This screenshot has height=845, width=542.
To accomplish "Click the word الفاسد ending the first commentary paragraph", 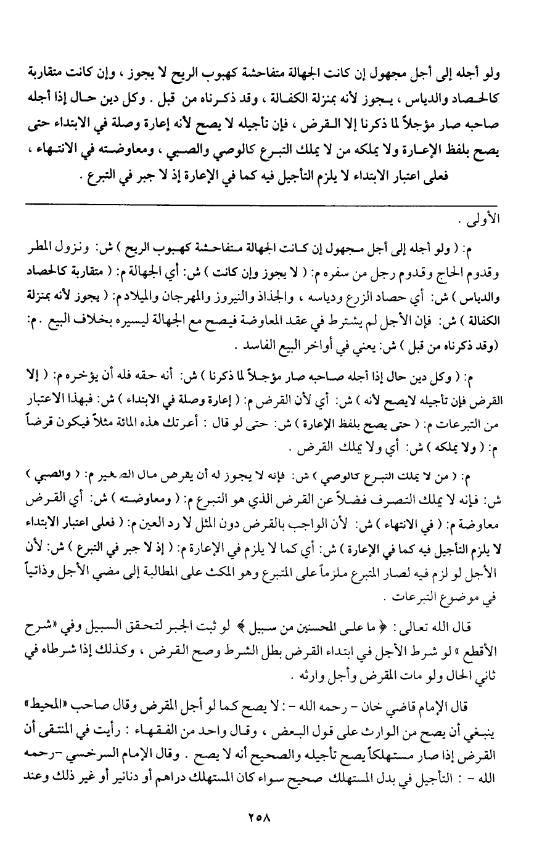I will pos(248,348).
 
